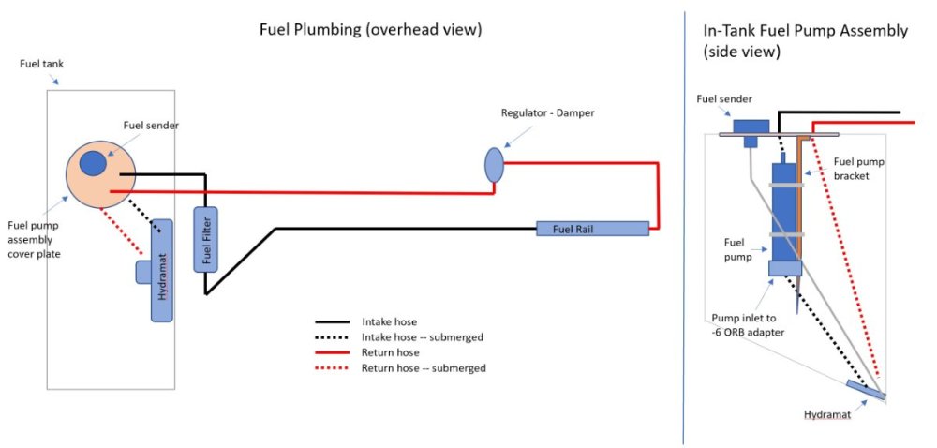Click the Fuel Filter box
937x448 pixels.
coord(206,239)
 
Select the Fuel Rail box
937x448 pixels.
coord(592,228)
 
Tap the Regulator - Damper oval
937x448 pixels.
coord(494,165)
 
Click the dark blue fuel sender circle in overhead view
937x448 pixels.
coord(93,163)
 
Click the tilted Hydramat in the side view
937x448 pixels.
coord(866,390)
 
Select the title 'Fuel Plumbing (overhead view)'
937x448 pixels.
coord(370,29)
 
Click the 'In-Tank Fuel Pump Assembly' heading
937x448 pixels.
coord(805,31)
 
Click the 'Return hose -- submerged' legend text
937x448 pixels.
coord(424,368)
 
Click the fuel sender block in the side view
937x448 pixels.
coord(751,127)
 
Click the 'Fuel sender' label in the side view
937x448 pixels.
coord(723,97)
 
